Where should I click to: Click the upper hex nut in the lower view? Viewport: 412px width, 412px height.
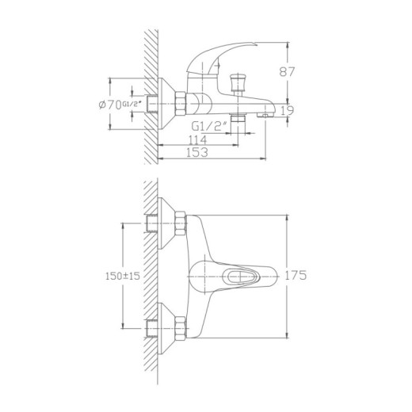pos(181,223)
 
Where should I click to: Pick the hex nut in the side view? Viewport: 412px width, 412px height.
pos(181,103)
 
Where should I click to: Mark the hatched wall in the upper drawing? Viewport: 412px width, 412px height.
pos(151,95)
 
